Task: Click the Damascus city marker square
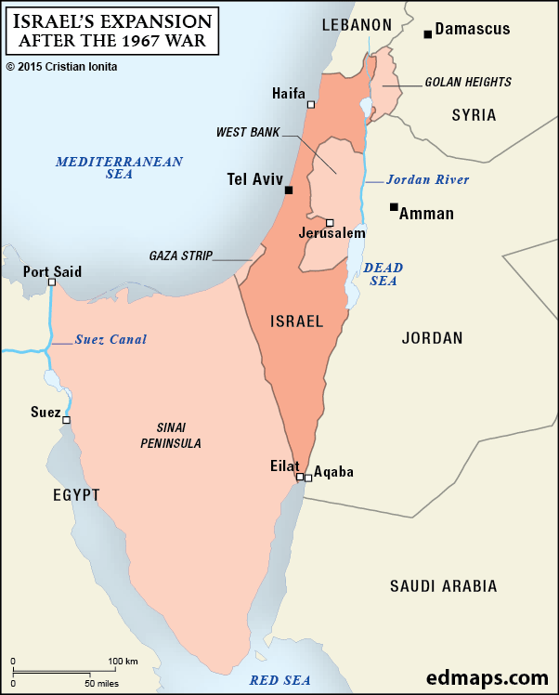(427, 34)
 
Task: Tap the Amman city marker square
(394, 206)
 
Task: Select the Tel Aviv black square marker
(289, 190)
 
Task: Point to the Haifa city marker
(310, 105)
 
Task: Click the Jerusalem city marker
(330, 223)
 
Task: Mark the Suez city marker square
(66, 420)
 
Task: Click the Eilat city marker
(299, 478)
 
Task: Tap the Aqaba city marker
(308, 478)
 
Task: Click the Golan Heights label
(468, 83)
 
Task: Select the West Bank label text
(247, 133)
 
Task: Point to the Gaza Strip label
(181, 256)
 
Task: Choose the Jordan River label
(427, 180)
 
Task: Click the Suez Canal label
(110, 339)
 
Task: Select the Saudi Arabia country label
(443, 586)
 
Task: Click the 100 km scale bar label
(123, 661)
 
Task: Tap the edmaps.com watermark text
(488, 677)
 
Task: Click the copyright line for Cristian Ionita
(66, 67)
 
